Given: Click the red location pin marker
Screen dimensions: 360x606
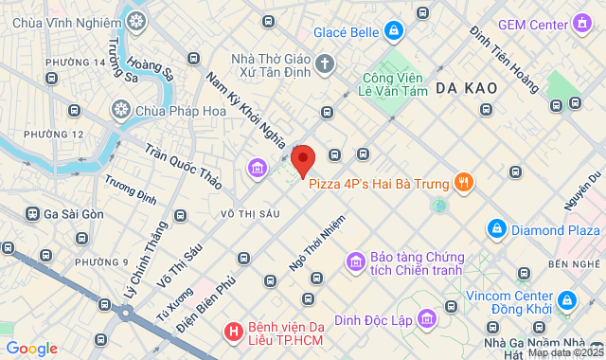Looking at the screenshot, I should pyautogui.click(x=303, y=159).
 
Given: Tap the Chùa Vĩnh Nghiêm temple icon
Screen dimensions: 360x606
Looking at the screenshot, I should pyautogui.click(x=138, y=20).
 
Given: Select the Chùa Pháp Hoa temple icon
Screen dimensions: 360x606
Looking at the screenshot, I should pyautogui.click(x=121, y=109).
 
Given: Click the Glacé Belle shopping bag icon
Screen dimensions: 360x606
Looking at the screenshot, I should pyautogui.click(x=394, y=31).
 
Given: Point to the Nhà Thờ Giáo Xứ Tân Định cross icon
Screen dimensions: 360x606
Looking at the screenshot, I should pyautogui.click(x=325, y=64).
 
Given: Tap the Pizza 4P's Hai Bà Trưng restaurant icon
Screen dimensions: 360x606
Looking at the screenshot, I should pyautogui.click(x=463, y=180).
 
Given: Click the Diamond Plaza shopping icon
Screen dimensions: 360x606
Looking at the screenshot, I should pyautogui.click(x=495, y=228).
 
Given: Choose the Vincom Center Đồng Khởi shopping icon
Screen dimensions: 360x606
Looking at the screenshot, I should pyautogui.click(x=566, y=300).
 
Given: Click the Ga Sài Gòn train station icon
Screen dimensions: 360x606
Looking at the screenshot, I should pyautogui.click(x=33, y=214).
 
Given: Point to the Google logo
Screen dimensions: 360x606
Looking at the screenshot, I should pyautogui.click(x=30, y=348).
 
